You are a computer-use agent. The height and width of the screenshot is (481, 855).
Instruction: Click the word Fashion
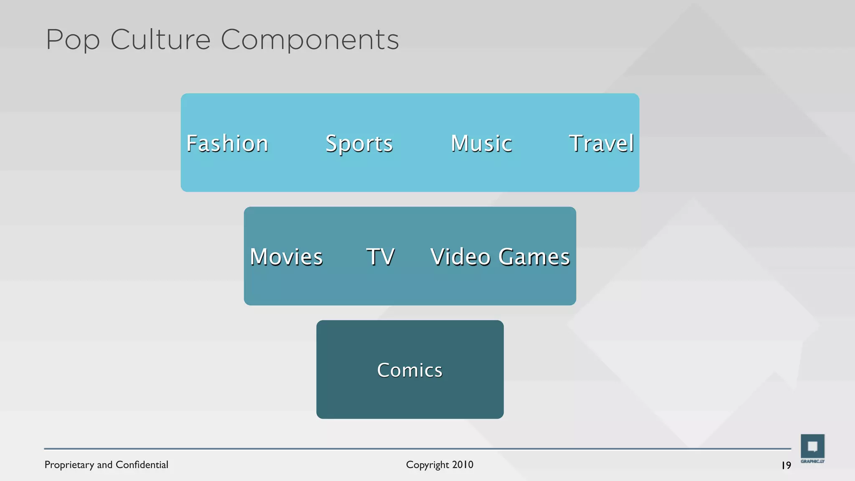[x=227, y=144]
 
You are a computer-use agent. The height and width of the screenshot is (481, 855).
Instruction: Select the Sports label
[x=359, y=144]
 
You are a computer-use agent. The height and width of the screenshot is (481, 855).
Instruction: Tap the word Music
[x=481, y=144]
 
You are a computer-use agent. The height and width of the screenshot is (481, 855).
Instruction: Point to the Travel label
[x=601, y=144]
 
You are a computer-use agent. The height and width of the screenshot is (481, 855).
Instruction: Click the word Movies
[x=286, y=257]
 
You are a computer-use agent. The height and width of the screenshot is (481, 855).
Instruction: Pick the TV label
[x=380, y=257]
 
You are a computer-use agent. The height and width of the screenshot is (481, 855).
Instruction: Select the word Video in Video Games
[x=460, y=257]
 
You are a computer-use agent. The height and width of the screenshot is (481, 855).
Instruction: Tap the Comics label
[x=410, y=370]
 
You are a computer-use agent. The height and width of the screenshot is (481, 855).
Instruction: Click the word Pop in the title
[x=73, y=40]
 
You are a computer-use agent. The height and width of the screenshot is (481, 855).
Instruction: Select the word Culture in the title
[x=160, y=40]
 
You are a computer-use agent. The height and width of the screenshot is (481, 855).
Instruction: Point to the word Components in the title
[x=310, y=40]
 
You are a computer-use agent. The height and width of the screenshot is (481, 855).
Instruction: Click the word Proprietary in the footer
[x=69, y=465]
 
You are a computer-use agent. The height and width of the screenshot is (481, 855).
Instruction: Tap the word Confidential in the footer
[x=142, y=465]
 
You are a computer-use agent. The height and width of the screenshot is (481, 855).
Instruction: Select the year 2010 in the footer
[x=463, y=465]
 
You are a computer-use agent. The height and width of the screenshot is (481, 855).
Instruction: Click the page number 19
[x=786, y=465]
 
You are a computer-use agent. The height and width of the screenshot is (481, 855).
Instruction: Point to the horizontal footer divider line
[x=417, y=449]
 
